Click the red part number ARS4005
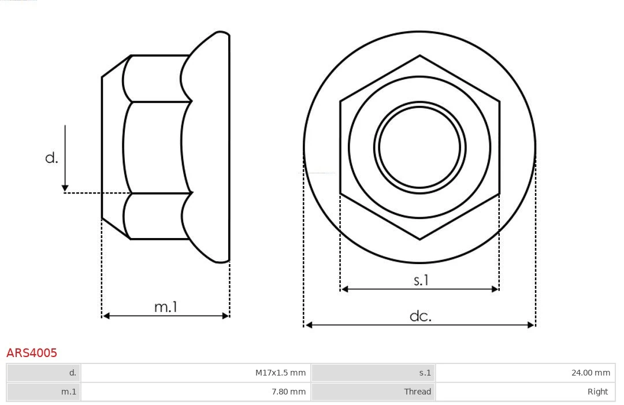32,352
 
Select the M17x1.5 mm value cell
196,373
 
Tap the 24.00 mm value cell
525,373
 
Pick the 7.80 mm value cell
196,392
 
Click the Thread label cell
373,392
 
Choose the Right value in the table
525,392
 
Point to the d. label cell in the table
44,373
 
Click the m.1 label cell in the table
44,392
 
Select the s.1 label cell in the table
373,373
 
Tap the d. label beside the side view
52,158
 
